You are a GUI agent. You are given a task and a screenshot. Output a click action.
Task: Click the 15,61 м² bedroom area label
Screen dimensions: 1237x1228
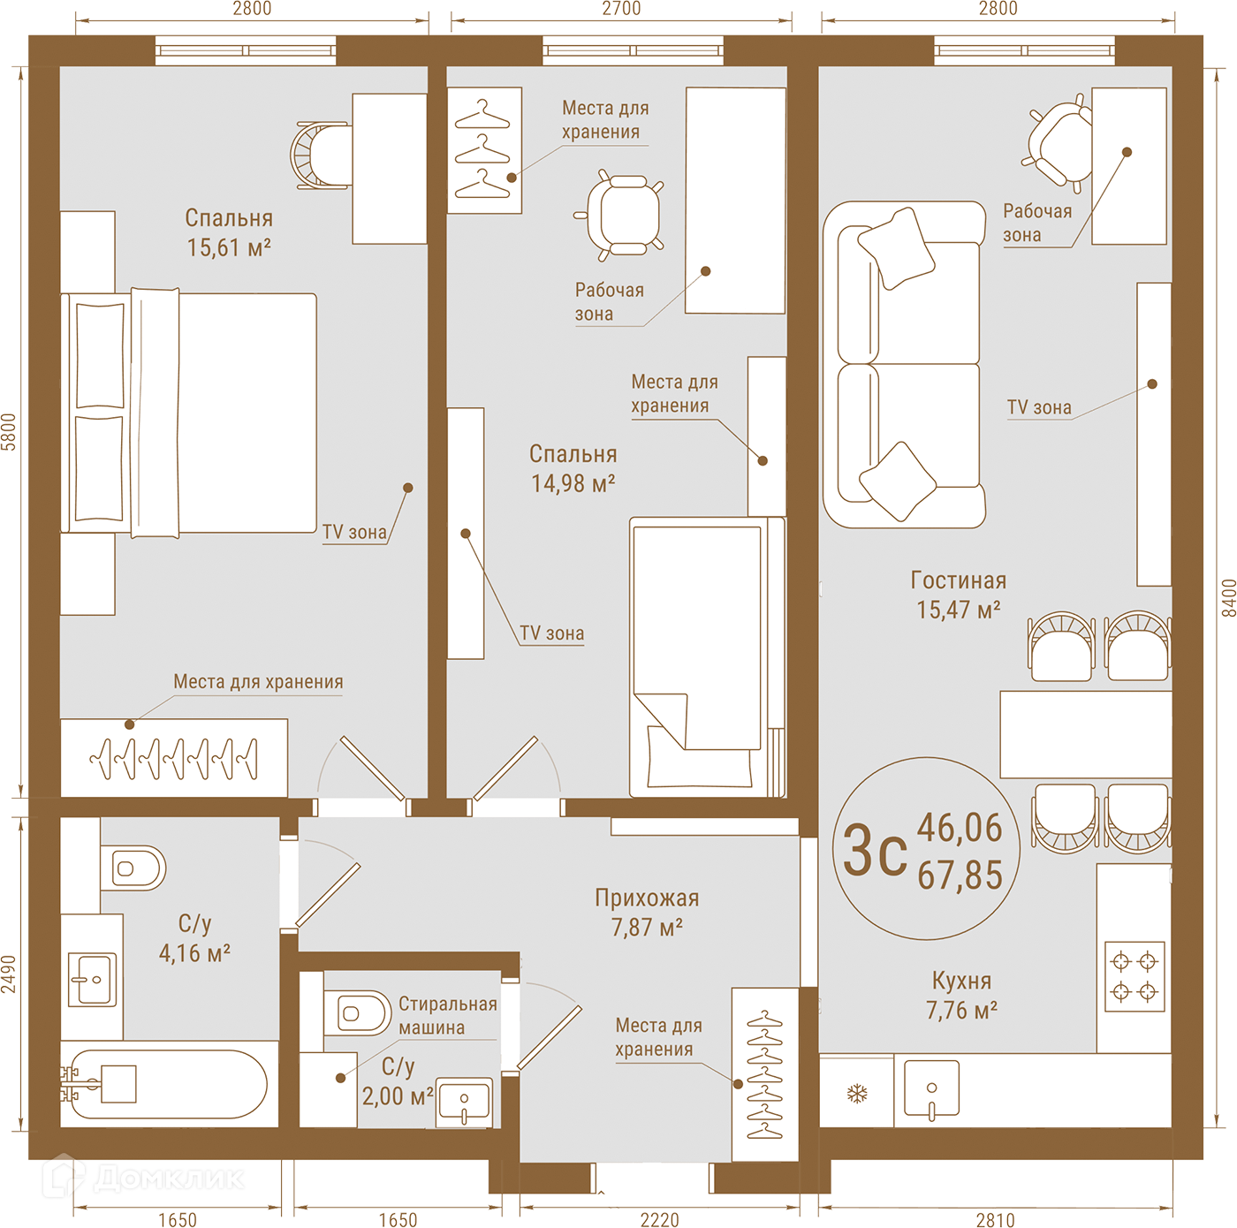[x=229, y=247]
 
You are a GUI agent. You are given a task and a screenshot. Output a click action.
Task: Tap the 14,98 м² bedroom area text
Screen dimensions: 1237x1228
[x=573, y=483]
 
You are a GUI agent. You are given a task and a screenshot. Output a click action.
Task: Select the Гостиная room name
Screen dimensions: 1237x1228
[x=959, y=580]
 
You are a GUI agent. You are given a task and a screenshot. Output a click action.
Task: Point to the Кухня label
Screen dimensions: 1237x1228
[x=961, y=981]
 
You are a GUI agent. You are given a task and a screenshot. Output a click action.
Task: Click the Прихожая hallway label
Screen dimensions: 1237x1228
[x=647, y=898]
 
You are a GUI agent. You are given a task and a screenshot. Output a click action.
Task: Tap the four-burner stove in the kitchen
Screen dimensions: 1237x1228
[x=1135, y=976]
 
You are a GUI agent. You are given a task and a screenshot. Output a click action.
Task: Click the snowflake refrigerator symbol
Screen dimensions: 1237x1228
[x=857, y=1093]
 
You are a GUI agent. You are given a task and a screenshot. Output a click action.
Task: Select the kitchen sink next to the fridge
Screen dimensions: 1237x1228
[x=931, y=1091]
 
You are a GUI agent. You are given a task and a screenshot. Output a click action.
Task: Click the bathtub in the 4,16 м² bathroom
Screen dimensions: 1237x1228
[x=168, y=1084]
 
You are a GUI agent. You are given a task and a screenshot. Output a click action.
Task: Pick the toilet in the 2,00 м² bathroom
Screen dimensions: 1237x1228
[x=356, y=1013]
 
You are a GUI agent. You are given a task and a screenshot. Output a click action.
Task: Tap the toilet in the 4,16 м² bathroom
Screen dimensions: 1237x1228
[x=133, y=868]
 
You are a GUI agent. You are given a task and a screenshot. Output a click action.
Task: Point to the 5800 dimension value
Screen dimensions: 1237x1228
[x=8, y=431]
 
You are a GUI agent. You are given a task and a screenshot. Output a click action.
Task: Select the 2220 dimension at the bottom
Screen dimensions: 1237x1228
[x=659, y=1220]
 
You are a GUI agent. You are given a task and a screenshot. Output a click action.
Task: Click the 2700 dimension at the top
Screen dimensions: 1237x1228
[x=621, y=8]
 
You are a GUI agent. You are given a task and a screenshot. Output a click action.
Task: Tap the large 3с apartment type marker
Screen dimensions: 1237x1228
[x=875, y=850]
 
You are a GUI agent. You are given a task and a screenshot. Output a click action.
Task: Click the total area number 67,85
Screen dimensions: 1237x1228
[x=960, y=875]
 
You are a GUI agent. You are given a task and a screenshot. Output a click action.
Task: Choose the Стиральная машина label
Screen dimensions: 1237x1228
[x=448, y=1015]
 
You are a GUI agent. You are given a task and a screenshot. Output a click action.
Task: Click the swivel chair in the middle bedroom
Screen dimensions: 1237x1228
[x=618, y=215]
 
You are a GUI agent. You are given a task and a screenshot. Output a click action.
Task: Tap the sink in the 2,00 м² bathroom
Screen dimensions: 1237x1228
[x=464, y=1102]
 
